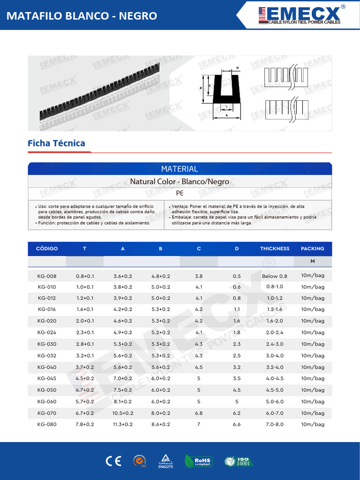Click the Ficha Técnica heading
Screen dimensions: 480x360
pos(56,143)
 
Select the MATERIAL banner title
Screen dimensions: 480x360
pos(180,169)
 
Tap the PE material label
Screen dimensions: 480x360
pos(180,193)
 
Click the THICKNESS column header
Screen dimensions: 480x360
pos(275,248)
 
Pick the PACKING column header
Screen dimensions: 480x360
pos(313,248)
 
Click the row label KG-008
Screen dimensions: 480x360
pos(47,276)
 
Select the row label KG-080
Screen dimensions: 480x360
pos(47,424)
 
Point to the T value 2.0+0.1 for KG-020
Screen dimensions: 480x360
pos(85,321)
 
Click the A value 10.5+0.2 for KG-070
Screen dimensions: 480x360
pos(123,413)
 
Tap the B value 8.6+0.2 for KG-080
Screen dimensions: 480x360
pos(161,424)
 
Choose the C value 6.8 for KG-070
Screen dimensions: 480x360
pos(199,413)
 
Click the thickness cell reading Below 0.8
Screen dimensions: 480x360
pos(275,276)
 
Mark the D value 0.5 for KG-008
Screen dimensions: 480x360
pos(237,276)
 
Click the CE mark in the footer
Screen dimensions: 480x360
pos(113,461)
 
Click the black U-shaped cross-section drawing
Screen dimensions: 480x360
pos(227,90)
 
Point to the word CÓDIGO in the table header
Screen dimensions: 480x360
pos(47,248)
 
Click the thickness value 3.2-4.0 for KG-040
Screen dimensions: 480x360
pos(275,367)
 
